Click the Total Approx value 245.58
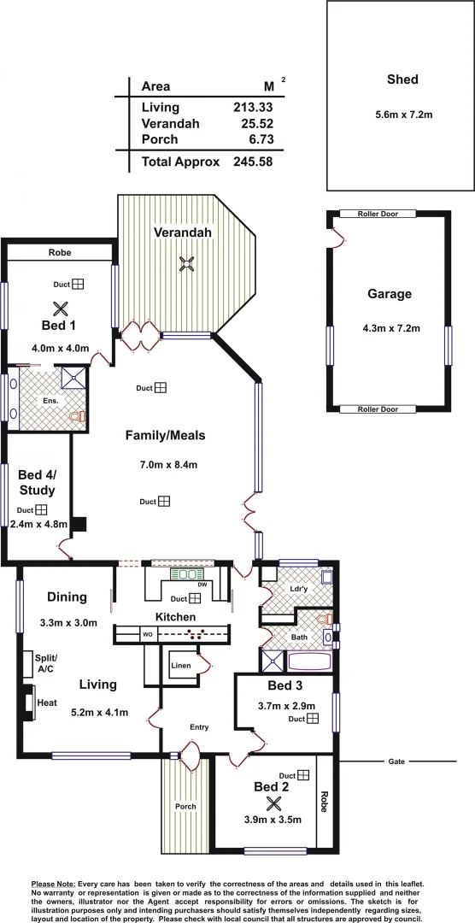point(253,161)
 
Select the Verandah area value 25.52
point(253,124)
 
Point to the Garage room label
point(390,294)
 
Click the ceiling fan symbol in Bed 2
point(274,802)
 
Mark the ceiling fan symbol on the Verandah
point(188,264)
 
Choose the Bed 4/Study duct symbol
point(41,510)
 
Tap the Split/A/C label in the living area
point(44,662)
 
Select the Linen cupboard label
point(181,665)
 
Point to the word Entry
point(199,727)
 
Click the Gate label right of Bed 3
point(395,761)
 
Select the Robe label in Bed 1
point(60,253)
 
